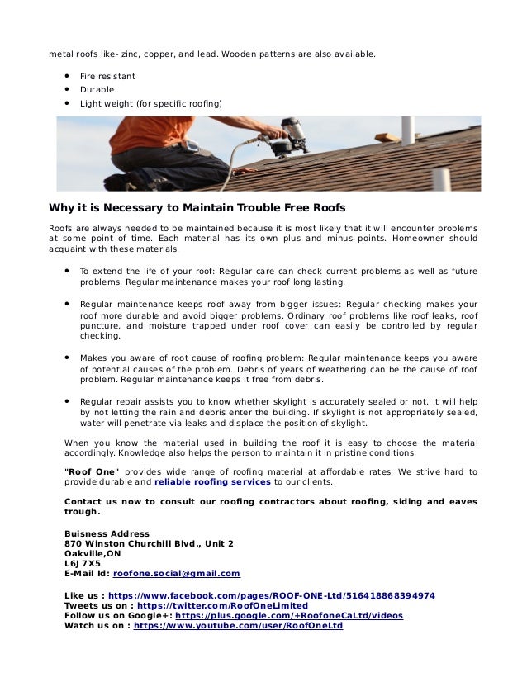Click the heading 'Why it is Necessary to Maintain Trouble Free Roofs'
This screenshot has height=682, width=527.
coord(197,206)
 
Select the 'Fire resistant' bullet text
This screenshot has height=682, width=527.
coord(107,76)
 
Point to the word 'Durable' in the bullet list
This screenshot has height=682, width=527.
coord(97,89)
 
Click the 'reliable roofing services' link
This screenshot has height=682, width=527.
coord(212,481)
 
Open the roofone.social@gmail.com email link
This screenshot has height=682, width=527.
coord(176,572)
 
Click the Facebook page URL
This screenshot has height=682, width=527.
coord(272,594)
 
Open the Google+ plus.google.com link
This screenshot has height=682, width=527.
coord(289,615)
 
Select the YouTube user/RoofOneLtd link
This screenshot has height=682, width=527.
coord(238,626)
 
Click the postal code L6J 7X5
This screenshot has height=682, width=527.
coord(83,562)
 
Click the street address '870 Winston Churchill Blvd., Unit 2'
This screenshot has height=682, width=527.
coord(149,543)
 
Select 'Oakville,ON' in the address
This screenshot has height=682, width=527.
coord(93,553)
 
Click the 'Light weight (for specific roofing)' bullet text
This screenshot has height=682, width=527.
coord(150,103)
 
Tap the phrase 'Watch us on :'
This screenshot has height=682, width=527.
coord(97,626)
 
